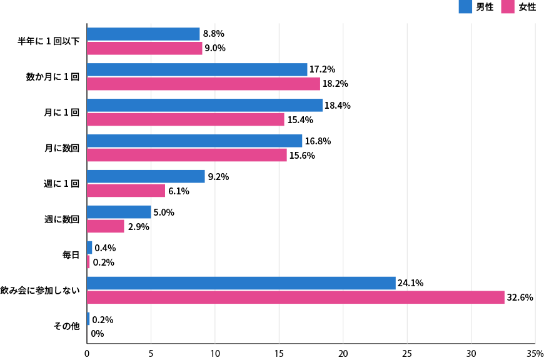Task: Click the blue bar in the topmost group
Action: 143,34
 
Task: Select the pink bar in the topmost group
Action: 144,49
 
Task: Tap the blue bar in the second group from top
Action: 197,70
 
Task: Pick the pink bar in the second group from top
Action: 203,84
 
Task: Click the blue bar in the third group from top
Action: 204,106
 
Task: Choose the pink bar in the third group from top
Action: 186,119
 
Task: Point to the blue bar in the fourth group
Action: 194,141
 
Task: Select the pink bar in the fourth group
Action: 187,155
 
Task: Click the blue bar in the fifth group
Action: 146,176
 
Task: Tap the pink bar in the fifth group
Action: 126,191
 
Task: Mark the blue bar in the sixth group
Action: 119,212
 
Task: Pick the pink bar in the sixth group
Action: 106,226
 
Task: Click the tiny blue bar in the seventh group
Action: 89,247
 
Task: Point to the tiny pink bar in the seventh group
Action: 88,262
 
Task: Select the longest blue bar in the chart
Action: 241,283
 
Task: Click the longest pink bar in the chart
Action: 295,297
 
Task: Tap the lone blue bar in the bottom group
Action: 88,319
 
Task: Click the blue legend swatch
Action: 465,7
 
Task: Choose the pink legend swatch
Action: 508,7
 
